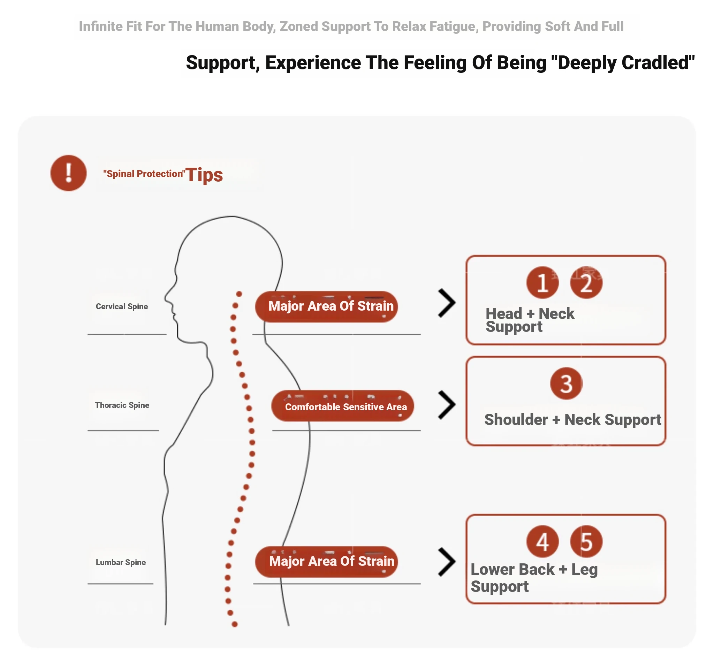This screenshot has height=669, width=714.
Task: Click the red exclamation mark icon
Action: click(68, 173)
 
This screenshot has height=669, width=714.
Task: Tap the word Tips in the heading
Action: click(204, 175)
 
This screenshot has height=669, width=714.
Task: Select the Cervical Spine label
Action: click(122, 306)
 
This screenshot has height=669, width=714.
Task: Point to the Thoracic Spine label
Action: click(122, 405)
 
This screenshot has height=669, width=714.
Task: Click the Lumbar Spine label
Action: click(121, 562)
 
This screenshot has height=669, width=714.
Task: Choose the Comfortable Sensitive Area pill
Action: click(342, 406)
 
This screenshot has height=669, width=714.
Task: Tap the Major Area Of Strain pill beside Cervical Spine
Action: click(326, 306)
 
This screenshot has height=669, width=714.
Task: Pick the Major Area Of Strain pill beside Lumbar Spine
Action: click(326, 562)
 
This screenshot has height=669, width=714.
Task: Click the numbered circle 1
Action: click(542, 283)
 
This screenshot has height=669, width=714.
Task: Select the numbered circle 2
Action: click(586, 283)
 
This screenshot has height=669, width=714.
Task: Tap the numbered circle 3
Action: click(566, 383)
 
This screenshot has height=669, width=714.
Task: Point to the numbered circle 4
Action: click(542, 541)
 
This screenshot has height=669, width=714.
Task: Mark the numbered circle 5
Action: click(586, 541)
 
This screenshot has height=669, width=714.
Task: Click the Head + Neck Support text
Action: click(530, 320)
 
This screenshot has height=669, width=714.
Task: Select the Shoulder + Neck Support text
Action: click(572, 419)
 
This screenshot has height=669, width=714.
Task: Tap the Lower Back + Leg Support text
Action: click(534, 578)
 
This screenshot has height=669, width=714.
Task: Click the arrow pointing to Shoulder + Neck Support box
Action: click(447, 405)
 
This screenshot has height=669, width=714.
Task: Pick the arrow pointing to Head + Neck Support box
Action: click(447, 303)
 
